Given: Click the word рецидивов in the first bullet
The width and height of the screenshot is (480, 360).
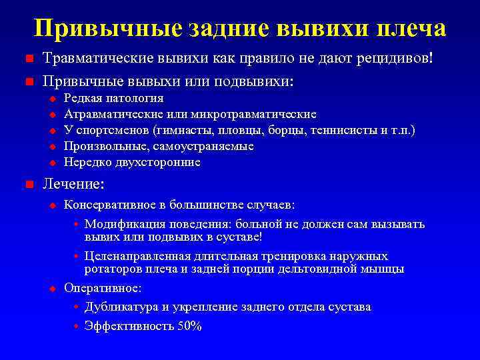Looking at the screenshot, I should (393, 59).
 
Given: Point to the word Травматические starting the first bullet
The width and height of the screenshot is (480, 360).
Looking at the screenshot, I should (99, 59).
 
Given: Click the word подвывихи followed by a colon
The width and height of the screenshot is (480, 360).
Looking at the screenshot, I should (257, 82).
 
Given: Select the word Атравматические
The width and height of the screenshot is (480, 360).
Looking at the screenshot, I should (116, 115).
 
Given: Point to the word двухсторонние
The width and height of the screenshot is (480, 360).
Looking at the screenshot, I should (161, 162).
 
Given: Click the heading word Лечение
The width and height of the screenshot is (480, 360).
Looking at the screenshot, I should (73, 183).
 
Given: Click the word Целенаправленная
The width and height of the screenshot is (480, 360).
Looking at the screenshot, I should (133, 257).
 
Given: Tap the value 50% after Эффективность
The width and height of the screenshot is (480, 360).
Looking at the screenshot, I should (189, 327).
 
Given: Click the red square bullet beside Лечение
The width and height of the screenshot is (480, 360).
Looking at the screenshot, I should (29, 184).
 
